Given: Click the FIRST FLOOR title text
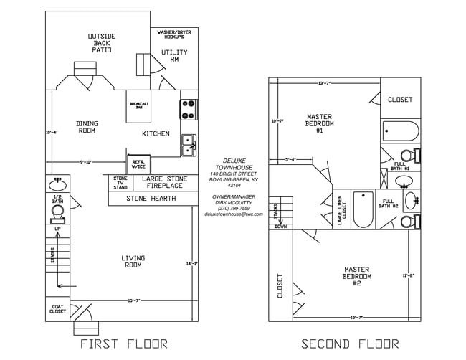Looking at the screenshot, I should click(x=123, y=344).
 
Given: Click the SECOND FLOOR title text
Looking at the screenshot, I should click(x=346, y=344).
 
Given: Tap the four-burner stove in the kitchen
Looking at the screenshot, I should click(x=189, y=109).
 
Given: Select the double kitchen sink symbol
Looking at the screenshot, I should click(x=189, y=144).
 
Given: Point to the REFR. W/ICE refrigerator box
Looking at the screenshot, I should click(x=138, y=164).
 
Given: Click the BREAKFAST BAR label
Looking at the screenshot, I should click(x=139, y=105).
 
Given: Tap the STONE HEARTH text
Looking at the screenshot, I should click(x=151, y=198).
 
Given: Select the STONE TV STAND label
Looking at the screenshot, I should click(x=120, y=182).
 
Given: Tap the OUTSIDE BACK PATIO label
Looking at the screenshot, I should click(x=102, y=44).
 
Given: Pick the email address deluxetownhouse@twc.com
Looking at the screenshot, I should click(x=234, y=214).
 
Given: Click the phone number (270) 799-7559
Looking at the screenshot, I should click(x=234, y=208).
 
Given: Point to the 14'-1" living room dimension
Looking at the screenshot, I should click(x=191, y=265).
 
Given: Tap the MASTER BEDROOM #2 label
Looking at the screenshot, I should click(x=356, y=276).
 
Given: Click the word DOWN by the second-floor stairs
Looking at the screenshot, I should click(x=280, y=226).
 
